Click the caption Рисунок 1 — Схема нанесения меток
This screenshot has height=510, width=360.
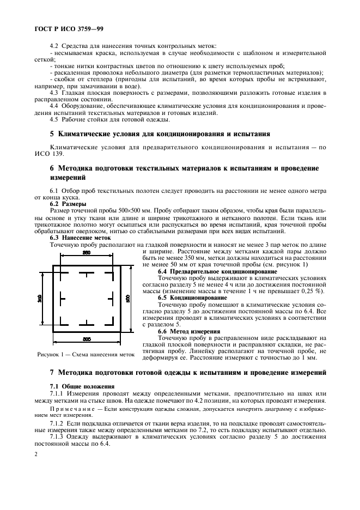[x=85, y=354]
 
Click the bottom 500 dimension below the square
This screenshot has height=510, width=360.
[x=87, y=339]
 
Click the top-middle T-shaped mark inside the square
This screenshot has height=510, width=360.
[x=87, y=274]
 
